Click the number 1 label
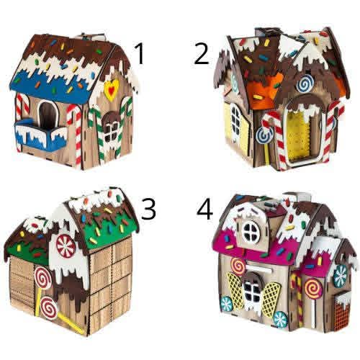point(140,54)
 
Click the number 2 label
point(202,54)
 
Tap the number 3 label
point(148,209)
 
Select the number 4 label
point(204,210)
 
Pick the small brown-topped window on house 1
point(111,128)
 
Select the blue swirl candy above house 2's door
point(305,84)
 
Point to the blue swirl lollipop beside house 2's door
point(265,135)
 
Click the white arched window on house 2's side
point(235,124)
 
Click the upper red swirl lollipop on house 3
point(43,279)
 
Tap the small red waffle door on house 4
point(341,310)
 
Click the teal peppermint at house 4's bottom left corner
point(226,303)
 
